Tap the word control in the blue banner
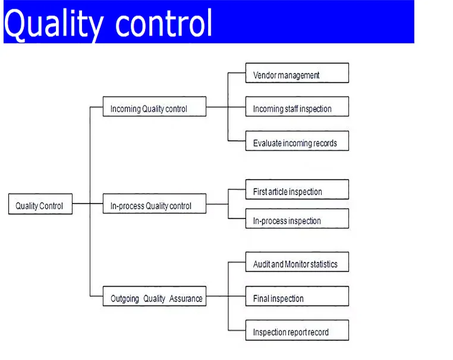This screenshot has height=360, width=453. coord(164,23)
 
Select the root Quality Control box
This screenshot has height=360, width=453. coord(40,204)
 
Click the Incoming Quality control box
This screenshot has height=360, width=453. coord(155,107)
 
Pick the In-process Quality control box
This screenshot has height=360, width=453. coord(155,204)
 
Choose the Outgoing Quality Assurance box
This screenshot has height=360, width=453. coord(155,296)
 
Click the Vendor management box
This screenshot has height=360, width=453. coord(297,73)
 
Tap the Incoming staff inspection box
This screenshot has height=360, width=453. coord(297,107)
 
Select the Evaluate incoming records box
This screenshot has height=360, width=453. coord(297,141)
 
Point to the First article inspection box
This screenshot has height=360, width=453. coord(297,189)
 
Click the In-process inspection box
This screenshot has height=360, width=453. coord(297,218)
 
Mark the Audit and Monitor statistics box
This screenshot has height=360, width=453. coord(297,262)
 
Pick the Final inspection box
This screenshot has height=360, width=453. coord(297,296)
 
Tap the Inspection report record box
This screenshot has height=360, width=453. coord(297,330)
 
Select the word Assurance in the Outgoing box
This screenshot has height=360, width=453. coord(185,298)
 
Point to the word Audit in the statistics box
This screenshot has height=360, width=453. coord(262,264)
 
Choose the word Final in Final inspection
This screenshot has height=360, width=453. coord(261,298)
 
